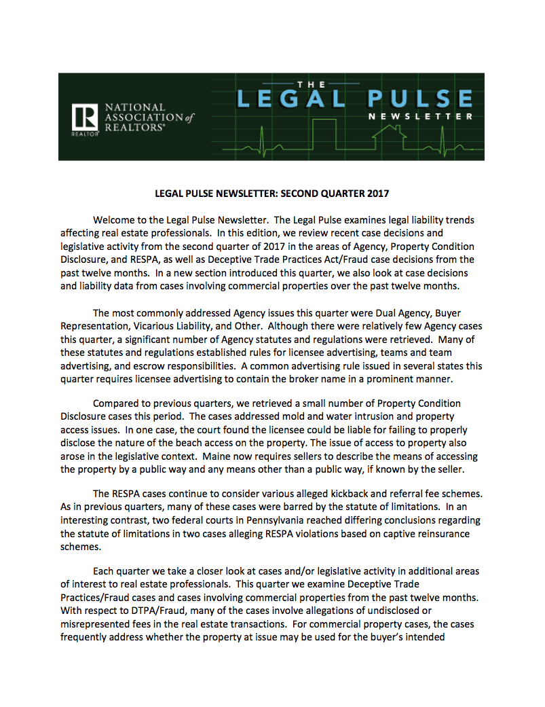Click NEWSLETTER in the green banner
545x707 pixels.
(421, 117)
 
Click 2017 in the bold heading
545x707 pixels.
(376, 194)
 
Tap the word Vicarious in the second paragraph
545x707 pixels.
(154, 326)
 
